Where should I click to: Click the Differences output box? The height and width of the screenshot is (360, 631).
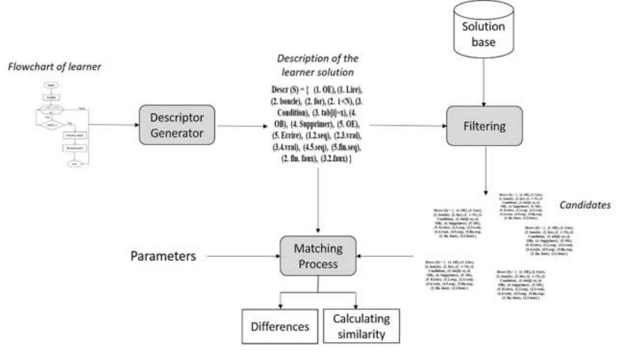coord(279,326)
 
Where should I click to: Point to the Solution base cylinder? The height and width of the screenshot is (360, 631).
coord(484,32)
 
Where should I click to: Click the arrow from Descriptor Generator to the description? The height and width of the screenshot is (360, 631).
coord(240,124)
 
